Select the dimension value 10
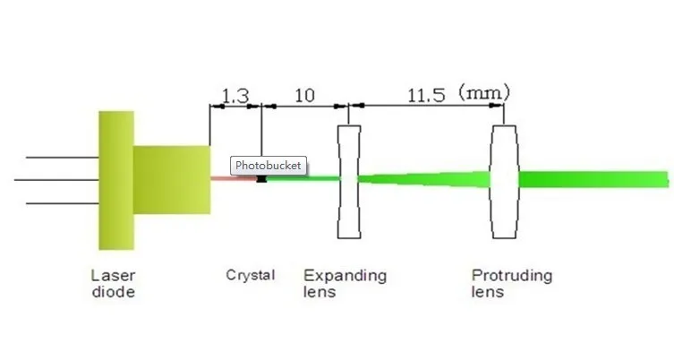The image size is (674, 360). pos(304,95)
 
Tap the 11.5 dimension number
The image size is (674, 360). pos(426,95)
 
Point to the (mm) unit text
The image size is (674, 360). pos(483,92)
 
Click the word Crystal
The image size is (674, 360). pos(250,275)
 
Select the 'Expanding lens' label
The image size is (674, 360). pos(345,283)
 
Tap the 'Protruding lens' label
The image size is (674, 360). pos(511,283)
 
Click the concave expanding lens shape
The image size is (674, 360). pos(349,182)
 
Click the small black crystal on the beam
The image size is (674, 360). pos(261,179)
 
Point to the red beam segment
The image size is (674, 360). pos(231,178)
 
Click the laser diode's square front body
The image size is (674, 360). pos(172,179)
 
